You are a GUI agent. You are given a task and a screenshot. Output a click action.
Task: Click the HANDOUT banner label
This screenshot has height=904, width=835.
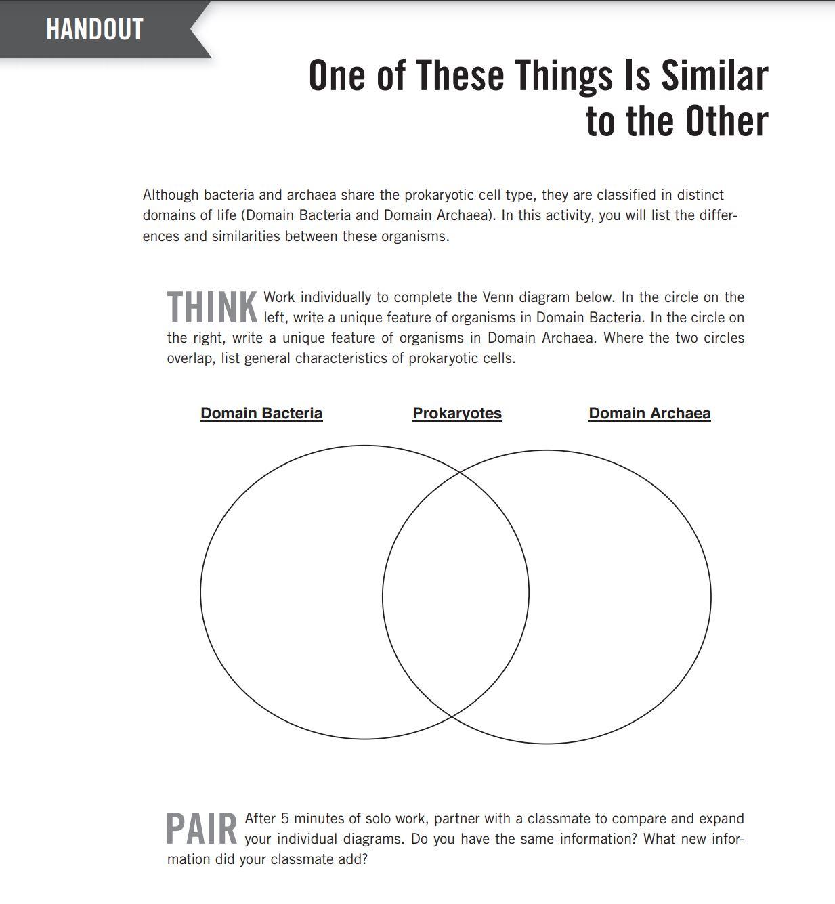coord(94,29)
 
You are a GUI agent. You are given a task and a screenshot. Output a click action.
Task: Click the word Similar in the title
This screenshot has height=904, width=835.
coord(714,76)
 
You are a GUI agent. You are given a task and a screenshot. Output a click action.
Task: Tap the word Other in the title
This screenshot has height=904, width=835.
coord(726,121)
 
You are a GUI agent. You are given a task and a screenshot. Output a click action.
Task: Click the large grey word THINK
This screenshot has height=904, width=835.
coord(212,307)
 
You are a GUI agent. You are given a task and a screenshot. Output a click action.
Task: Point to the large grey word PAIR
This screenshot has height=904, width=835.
coord(202,829)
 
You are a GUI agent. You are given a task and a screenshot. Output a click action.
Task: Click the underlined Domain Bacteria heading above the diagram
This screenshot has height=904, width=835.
coord(261,413)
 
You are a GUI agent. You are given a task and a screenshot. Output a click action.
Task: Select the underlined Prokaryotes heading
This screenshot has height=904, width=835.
coord(457,413)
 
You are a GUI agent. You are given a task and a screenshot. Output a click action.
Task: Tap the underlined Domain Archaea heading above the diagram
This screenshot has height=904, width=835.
coord(649,413)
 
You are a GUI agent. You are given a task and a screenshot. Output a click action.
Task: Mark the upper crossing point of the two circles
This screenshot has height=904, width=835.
coord(460,471)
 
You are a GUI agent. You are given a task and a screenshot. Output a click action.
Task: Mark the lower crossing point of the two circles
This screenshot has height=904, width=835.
coord(452,716)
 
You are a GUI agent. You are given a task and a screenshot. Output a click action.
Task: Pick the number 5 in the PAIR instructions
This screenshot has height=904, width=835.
coord(284,819)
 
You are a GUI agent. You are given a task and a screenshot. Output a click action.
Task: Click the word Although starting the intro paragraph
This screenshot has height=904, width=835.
coord(171,195)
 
